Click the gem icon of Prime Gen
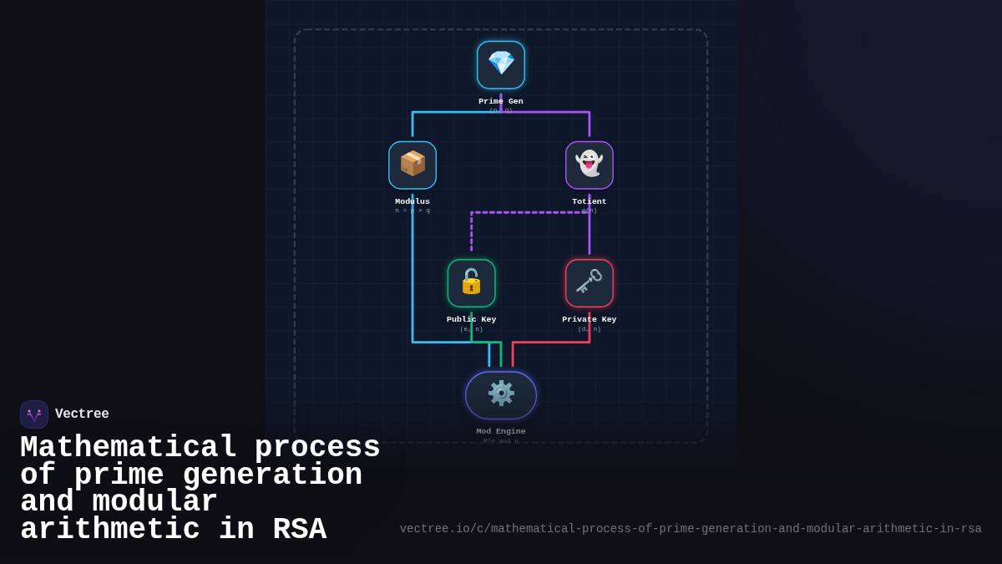coord(501,64)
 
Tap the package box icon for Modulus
coord(412,165)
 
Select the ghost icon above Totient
coord(590,165)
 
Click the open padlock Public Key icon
coord(471,282)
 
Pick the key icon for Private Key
coord(590,282)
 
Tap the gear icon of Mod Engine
coord(501,394)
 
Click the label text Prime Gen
coord(501,101)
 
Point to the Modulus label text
coord(412,201)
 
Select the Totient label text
coord(590,201)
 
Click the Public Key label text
coord(471,319)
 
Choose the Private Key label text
coord(590,319)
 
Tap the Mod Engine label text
coord(501,431)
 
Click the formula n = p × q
coord(412,211)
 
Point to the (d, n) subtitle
coord(590,329)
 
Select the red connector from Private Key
coord(551,342)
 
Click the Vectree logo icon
coord(34,414)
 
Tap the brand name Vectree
coord(82,414)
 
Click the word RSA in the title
coord(299,530)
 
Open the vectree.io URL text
coord(690,529)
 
